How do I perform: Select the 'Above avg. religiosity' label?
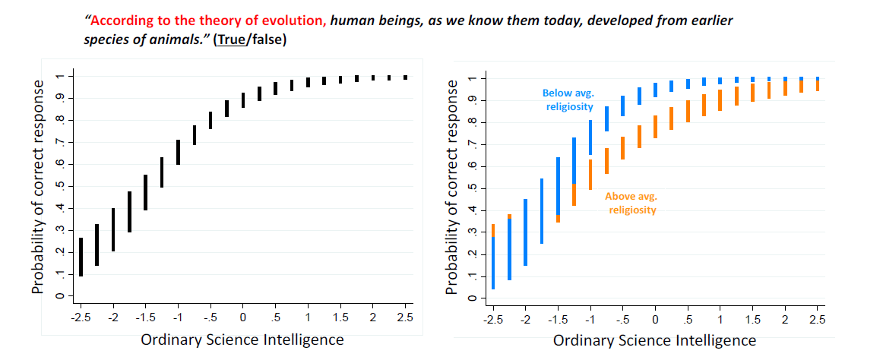(x=631, y=203)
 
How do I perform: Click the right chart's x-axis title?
(x=654, y=340)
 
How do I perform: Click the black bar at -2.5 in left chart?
(x=81, y=257)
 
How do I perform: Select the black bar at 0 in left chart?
(x=243, y=100)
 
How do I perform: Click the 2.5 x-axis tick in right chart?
(x=817, y=317)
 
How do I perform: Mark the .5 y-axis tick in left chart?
(x=57, y=186)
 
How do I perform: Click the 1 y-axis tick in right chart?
(x=472, y=79)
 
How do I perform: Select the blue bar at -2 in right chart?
(x=525, y=232)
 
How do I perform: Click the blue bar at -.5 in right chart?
(x=622, y=106)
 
